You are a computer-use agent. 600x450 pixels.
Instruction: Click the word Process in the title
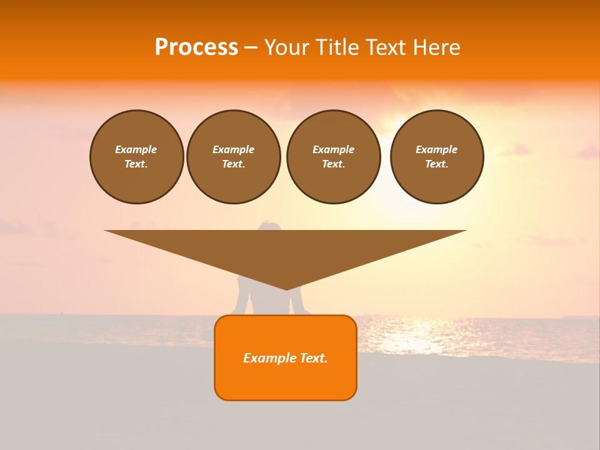196,47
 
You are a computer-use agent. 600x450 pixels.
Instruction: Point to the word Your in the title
286,47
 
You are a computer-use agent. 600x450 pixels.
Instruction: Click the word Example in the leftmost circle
136,149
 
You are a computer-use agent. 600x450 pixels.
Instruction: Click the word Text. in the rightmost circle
437,164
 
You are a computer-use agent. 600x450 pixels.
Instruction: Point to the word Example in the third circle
333,149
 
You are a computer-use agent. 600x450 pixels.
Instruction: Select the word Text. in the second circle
234,164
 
